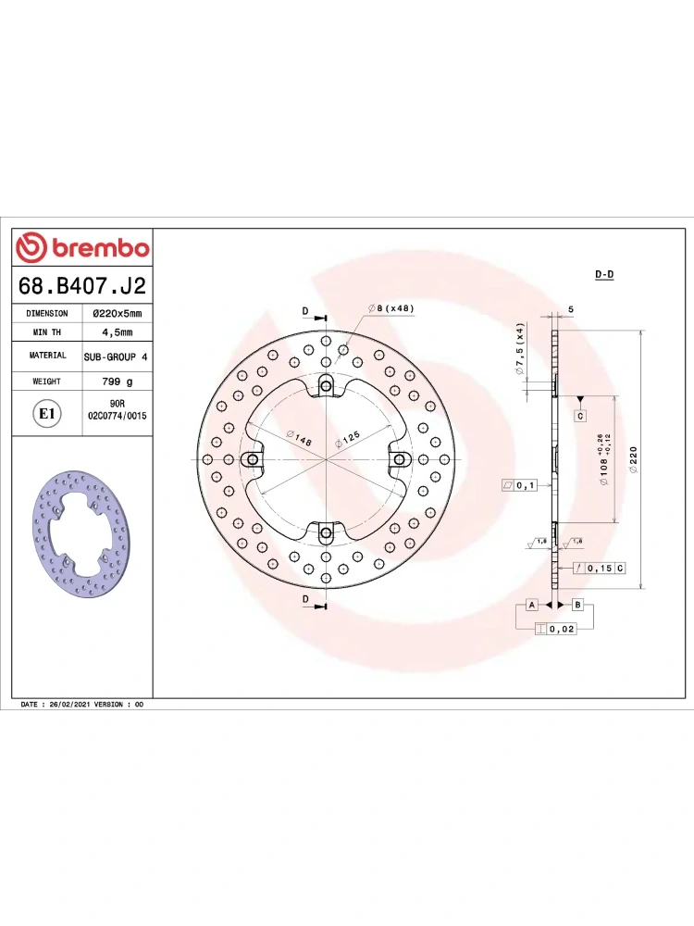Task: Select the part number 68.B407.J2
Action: [x=82, y=285]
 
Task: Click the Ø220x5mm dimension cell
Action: [x=117, y=313]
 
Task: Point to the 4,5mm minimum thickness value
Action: [x=117, y=332]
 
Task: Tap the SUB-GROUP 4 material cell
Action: [x=116, y=357]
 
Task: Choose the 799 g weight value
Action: [x=117, y=382]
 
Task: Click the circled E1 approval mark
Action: [x=46, y=413]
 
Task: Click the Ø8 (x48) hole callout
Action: [x=390, y=308]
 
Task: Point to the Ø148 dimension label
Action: [x=299, y=438]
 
